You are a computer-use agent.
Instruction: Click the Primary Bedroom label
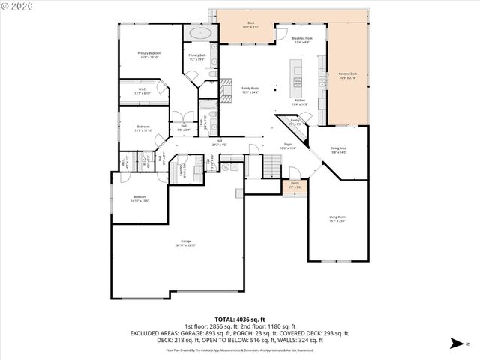click(149, 54)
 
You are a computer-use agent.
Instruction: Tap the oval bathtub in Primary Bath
click(199, 34)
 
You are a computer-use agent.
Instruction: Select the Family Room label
click(250, 89)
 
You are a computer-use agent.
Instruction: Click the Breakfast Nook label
click(302, 39)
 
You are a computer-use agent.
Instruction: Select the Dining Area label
click(338, 150)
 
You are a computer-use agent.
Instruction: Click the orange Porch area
click(295, 184)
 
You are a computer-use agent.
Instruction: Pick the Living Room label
click(337, 219)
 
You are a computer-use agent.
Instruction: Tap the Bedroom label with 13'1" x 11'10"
click(142, 129)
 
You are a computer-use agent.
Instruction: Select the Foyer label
click(287, 145)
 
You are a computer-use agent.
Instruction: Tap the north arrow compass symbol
click(456, 343)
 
